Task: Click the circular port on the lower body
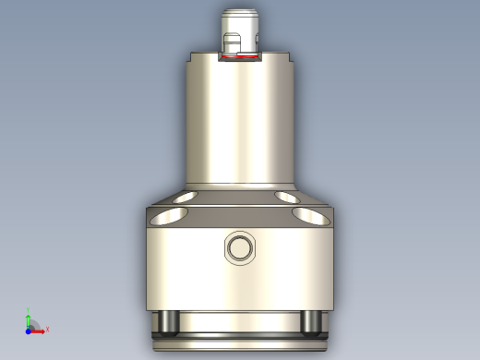[240, 247]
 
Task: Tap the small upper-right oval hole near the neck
[288, 197]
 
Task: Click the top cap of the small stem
[240, 13]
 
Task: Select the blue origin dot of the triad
[28, 329]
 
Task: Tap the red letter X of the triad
[47, 329]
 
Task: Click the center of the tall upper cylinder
[240, 120]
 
